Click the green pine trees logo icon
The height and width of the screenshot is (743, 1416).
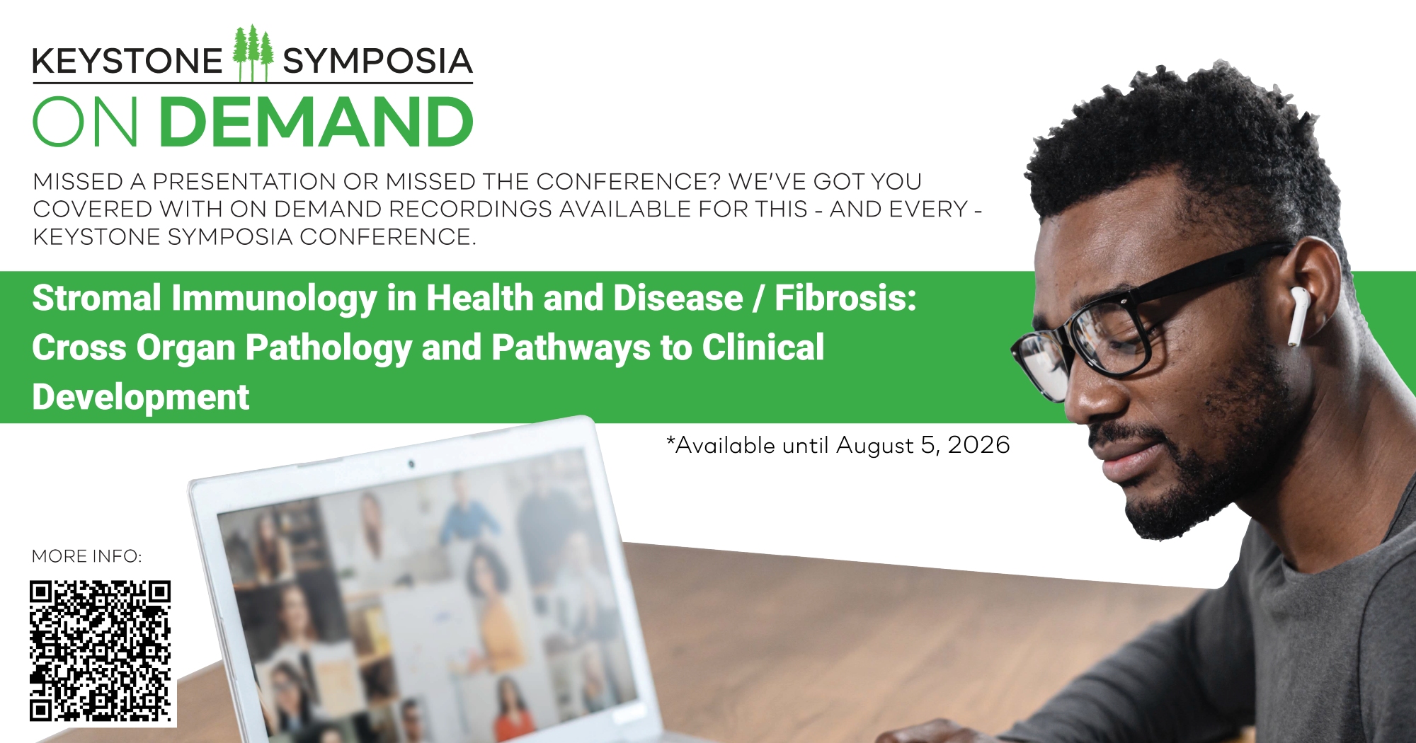pyautogui.click(x=253, y=54)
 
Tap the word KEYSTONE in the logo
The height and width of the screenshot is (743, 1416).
pyautogui.click(x=127, y=62)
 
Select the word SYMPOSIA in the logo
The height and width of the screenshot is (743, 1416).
pyautogui.click(x=377, y=62)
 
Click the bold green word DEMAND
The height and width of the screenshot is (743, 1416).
pyautogui.click(x=316, y=122)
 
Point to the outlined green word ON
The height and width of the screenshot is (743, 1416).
pyautogui.click(x=86, y=122)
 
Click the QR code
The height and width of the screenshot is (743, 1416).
pyautogui.click(x=101, y=651)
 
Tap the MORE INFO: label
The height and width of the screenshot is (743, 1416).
pyautogui.click(x=87, y=557)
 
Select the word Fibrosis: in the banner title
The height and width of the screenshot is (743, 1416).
pyautogui.click(x=845, y=298)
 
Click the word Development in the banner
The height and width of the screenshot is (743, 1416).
pyautogui.click(x=141, y=397)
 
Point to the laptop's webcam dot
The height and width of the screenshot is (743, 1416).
pyautogui.click(x=411, y=465)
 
